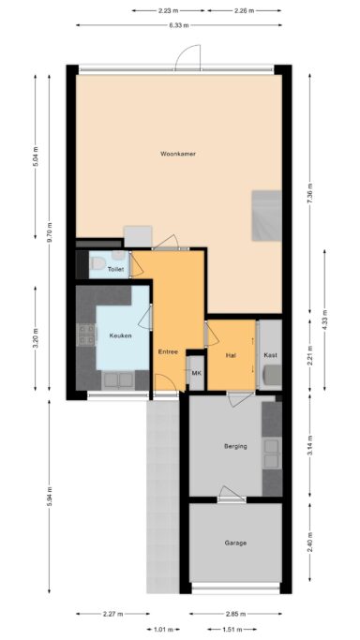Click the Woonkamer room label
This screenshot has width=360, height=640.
tap(176, 153)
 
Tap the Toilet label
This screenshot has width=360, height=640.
tap(115, 270)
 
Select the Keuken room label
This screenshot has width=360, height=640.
tap(120, 335)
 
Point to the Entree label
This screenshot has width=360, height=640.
tap(168, 351)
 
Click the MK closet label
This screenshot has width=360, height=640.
tap(196, 374)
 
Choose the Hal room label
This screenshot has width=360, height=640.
tap(231, 355)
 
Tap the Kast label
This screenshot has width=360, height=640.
tap(270, 355)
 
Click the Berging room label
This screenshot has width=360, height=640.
tap(235, 446)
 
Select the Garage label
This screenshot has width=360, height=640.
tap(235, 543)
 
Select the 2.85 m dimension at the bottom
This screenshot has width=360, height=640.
tap(235, 615)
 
